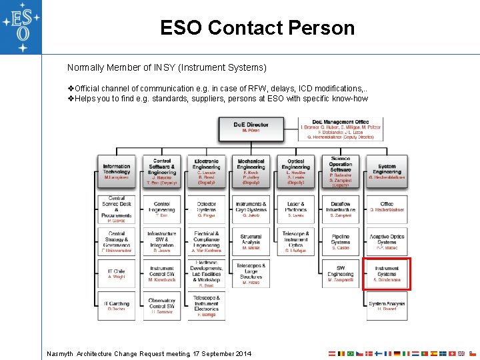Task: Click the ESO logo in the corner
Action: [x=20, y=27]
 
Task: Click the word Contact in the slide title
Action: [x=245, y=28]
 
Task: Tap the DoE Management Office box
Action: [x=341, y=129]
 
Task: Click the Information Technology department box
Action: [x=117, y=172]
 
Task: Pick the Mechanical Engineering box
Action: [x=251, y=172]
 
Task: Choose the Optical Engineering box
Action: [x=295, y=172]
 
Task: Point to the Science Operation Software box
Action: [x=341, y=172]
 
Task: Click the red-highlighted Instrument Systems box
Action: [x=387, y=274]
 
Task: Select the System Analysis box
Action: [x=387, y=306]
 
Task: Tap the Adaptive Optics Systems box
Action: [x=387, y=241]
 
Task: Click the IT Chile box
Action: [x=117, y=274]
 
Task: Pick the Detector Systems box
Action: [x=207, y=209]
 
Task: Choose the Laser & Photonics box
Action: [x=295, y=209]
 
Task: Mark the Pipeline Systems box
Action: [x=341, y=241]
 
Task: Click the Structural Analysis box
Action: [x=251, y=241]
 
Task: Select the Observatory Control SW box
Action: [x=162, y=306]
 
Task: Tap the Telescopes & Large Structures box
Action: [x=251, y=274]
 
